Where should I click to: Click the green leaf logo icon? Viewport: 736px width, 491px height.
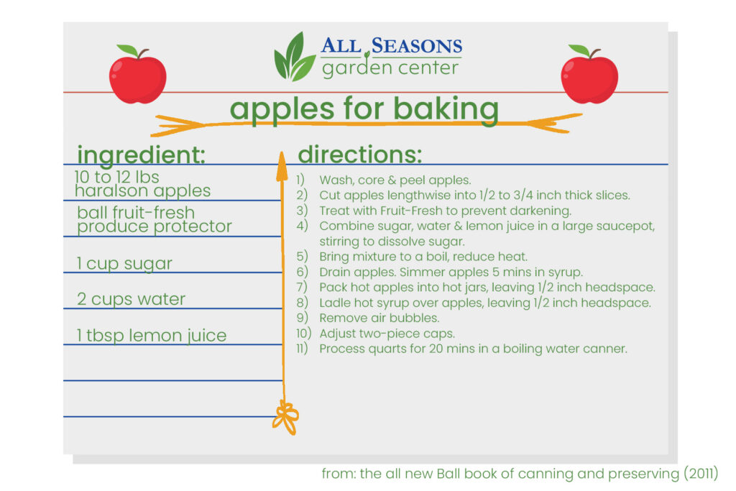(294, 57)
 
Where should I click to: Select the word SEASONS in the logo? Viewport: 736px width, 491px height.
(417, 46)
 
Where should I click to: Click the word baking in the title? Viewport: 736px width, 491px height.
(446, 110)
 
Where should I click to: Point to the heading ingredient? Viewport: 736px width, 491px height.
(142, 155)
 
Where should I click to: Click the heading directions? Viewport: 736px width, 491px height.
(360, 155)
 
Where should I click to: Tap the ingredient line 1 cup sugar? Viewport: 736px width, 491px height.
(124, 263)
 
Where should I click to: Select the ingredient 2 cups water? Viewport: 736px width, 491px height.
(131, 299)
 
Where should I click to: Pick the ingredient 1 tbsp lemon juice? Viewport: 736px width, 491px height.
(152, 335)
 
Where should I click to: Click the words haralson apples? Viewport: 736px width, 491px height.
(143, 191)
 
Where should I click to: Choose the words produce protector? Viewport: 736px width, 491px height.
(155, 226)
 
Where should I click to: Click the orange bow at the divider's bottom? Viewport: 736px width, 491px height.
(285, 417)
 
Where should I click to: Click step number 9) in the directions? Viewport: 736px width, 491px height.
(302, 318)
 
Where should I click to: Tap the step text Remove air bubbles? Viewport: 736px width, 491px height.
(379, 318)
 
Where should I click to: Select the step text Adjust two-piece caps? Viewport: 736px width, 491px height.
(387, 334)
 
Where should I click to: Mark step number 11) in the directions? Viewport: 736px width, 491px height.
(302, 348)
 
